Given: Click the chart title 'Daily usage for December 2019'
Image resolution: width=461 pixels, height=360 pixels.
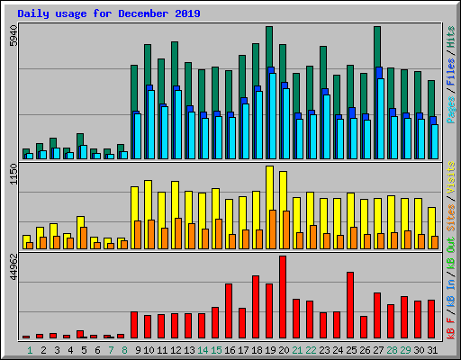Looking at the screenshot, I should pos(109,14).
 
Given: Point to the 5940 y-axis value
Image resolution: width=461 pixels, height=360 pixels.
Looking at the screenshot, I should pos(12,37).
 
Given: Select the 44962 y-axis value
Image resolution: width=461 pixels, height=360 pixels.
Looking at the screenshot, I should pos(12,269).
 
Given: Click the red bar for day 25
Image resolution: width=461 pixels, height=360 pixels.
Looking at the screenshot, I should pos(350,305).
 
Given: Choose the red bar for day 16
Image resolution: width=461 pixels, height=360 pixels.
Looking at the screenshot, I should pos(229,310).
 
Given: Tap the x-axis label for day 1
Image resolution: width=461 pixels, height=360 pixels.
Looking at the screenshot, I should pos(30,349).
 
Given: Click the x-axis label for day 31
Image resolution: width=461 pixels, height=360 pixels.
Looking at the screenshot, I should pos(432,349).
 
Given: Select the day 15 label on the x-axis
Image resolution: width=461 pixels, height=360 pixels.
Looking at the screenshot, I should pos(216,349).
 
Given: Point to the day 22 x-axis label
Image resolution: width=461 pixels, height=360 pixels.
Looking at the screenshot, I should pos(311,349).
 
